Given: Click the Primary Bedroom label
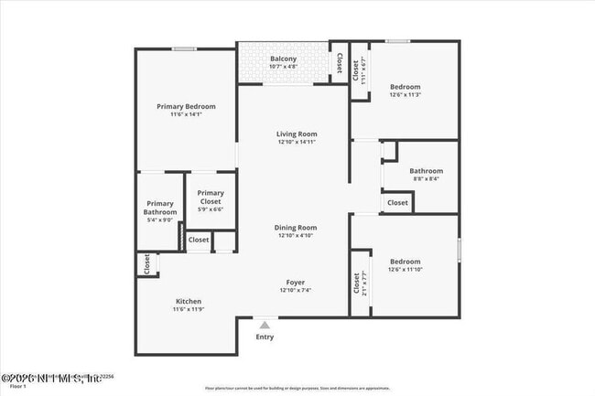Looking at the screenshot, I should (186, 107).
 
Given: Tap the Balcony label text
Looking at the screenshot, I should (283, 59).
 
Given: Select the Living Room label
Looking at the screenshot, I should (297, 134).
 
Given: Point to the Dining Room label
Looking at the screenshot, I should (296, 228).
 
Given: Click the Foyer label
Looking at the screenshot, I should (295, 283).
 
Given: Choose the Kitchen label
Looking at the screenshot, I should (189, 302).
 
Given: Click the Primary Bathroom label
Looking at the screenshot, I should (159, 208).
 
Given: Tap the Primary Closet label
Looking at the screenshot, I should (211, 193).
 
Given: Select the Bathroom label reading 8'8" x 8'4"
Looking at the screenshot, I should (426, 171).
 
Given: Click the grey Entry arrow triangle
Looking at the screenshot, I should (265, 325).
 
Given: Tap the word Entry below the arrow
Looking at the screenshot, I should (265, 337).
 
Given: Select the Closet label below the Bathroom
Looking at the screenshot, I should (397, 203).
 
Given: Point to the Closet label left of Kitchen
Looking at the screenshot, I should (146, 264).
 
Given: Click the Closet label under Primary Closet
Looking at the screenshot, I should (198, 240).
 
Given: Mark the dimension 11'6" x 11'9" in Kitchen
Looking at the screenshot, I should (189, 310).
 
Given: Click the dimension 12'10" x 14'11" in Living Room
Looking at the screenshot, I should (297, 143).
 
